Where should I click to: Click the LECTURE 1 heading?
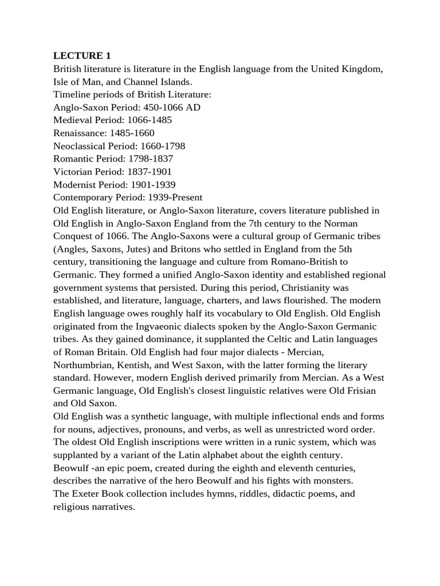point(82,56)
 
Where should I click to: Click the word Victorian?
point(72,172)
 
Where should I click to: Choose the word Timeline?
point(71,94)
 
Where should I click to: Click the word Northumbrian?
point(85,365)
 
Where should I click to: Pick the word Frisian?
point(364,390)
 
